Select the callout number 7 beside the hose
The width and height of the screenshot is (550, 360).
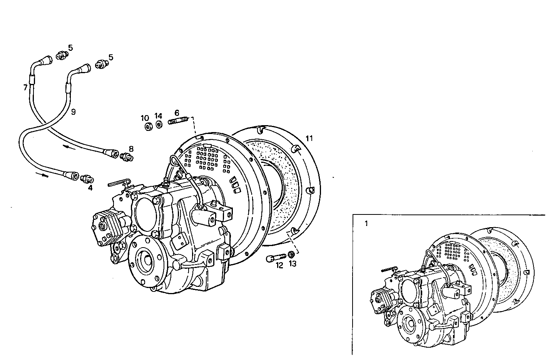(25, 88)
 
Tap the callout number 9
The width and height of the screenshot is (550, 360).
(73, 112)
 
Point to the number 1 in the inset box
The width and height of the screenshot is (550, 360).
(366, 223)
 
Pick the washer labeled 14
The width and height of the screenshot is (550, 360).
(159, 125)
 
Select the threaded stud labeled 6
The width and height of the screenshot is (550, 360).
(177, 122)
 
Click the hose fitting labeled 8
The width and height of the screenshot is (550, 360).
(127, 157)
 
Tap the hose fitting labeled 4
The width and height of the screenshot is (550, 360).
(88, 179)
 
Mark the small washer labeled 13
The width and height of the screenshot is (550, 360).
(291, 254)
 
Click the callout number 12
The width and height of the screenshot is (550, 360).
(279, 265)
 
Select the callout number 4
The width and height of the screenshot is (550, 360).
(90, 188)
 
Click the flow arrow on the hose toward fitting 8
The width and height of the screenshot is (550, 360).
(68, 147)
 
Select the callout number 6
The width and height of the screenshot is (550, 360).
(177, 112)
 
